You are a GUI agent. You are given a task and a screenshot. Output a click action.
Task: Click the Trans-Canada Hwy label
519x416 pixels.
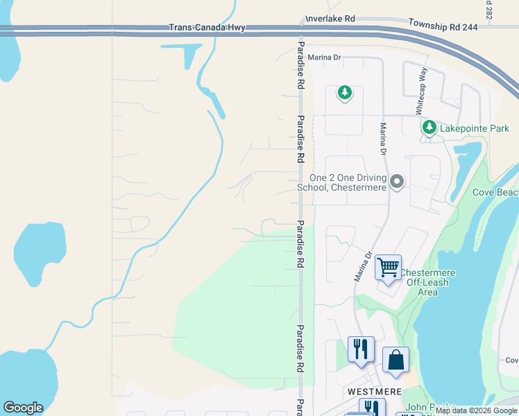pyautogui.click(x=207, y=28)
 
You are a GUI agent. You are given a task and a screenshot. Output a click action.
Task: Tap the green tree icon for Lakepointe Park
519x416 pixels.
pyautogui.click(x=429, y=128)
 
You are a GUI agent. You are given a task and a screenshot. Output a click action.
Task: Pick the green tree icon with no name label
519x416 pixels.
pyautogui.click(x=344, y=92)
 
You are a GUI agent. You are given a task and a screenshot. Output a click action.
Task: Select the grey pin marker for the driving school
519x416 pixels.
pyautogui.click(x=397, y=182)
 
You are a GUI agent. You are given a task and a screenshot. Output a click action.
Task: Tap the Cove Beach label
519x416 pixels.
pyautogui.click(x=495, y=192)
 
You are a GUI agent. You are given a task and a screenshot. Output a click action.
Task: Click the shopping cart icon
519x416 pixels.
pyautogui.click(x=388, y=266)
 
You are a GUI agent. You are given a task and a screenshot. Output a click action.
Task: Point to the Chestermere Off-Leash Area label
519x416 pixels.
pyautogui.click(x=427, y=282)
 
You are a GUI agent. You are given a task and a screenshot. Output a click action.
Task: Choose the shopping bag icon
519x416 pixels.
pyautogui.click(x=395, y=360)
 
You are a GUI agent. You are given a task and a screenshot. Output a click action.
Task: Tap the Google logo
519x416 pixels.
pyautogui.click(x=23, y=408)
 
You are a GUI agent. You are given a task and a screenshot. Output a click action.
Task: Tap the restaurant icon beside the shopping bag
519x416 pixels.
pyautogui.click(x=361, y=349)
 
